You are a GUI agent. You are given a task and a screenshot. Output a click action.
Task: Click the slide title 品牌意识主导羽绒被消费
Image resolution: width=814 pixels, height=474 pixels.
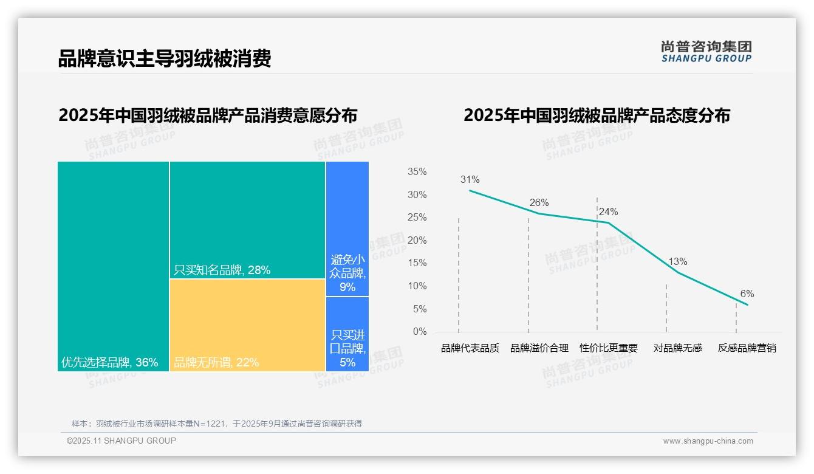coord(164,58)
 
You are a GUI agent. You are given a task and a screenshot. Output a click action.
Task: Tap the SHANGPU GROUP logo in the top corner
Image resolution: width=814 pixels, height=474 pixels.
coord(706,52)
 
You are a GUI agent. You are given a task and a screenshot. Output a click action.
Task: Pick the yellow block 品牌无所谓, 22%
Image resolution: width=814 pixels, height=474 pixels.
coord(247,325)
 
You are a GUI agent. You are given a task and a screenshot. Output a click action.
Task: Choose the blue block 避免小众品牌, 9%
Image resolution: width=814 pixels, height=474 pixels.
coord(347,228)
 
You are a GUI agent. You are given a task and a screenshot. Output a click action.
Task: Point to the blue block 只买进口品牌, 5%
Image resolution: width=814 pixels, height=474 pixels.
coord(347,334)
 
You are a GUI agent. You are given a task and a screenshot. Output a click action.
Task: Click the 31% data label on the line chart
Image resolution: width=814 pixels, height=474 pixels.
coord(470,180)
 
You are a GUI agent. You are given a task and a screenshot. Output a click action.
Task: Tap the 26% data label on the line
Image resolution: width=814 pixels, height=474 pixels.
coord(539,203)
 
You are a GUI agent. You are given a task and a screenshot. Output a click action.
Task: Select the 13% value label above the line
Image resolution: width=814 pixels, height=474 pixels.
coord(677,262)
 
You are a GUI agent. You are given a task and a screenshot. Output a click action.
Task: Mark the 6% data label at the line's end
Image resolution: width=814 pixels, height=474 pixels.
coord(747,294)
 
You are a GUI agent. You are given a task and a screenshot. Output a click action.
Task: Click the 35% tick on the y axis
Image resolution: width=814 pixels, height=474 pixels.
coord(417,172)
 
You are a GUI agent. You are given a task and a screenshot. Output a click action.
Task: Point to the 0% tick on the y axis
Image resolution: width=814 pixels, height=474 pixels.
coord(420,332)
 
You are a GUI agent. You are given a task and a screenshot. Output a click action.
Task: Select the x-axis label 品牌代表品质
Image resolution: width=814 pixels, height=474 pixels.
coord(470,348)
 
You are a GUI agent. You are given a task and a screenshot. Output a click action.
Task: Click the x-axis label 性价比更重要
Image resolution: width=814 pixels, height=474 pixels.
coord(609,348)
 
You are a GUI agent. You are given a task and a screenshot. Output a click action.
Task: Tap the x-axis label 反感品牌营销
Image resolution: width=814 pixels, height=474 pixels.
coord(747,348)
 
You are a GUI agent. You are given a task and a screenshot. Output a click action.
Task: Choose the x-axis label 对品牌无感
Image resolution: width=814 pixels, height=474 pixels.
coord(677,348)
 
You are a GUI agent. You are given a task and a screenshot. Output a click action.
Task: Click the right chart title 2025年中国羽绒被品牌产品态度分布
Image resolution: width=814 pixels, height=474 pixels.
coord(597,115)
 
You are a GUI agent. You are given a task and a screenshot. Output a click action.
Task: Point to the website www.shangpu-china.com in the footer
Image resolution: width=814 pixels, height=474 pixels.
coord(708,441)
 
